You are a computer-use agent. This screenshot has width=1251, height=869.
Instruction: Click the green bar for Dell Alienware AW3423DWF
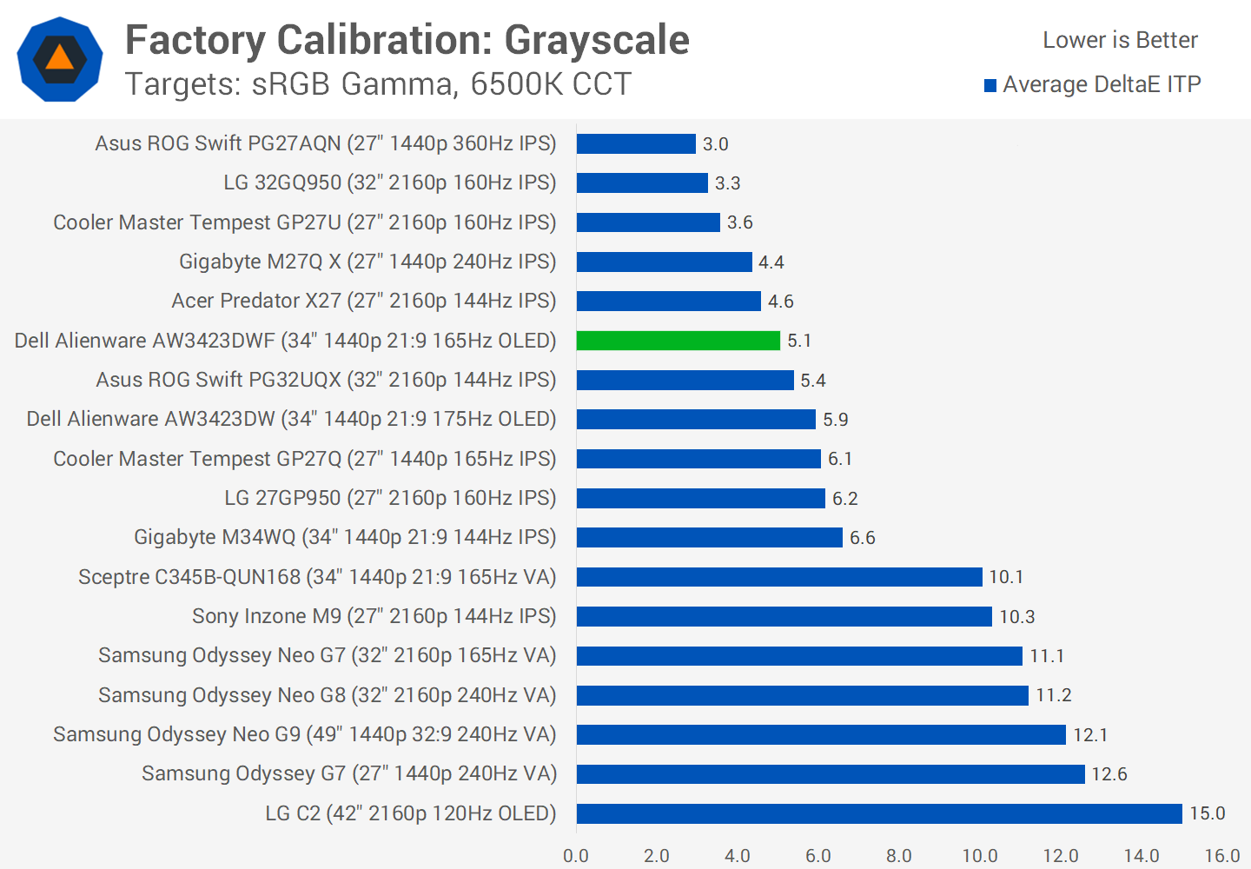tap(678, 341)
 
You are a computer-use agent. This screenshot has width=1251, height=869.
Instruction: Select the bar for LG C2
tap(879, 813)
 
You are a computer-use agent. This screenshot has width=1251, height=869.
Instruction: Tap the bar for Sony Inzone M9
tap(784, 616)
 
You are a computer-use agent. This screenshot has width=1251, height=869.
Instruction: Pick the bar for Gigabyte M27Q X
tap(665, 262)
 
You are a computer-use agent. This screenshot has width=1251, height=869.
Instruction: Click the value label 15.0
tap(1208, 813)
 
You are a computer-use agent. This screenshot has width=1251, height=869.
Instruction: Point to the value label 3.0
tap(716, 144)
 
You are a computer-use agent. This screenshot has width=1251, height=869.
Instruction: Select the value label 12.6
tap(1109, 774)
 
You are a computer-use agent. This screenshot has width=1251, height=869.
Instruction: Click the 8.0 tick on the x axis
tap(899, 855)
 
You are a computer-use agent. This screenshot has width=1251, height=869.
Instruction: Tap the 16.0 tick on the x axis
tap(1221, 855)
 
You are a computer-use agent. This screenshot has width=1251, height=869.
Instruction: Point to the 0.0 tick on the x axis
tap(576, 855)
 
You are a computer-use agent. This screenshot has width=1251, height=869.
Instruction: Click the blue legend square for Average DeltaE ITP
tap(990, 85)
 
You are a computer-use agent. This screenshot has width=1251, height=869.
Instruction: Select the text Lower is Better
tap(1120, 40)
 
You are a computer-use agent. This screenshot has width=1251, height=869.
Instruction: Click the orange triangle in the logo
tap(60, 58)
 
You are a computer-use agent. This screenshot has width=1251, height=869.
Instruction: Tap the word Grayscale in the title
tap(597, 40)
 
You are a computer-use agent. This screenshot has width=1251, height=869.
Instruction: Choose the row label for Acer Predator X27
tap(364, 301)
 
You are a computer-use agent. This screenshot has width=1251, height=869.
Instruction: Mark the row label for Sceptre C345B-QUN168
tap(317, 577)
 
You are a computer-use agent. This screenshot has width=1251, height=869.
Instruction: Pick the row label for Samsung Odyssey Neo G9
tap(305, 734)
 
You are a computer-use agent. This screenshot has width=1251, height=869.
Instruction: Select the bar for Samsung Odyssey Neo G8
tap(802, 695)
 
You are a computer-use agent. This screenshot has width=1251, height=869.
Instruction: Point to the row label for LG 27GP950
tap(390, 498)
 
